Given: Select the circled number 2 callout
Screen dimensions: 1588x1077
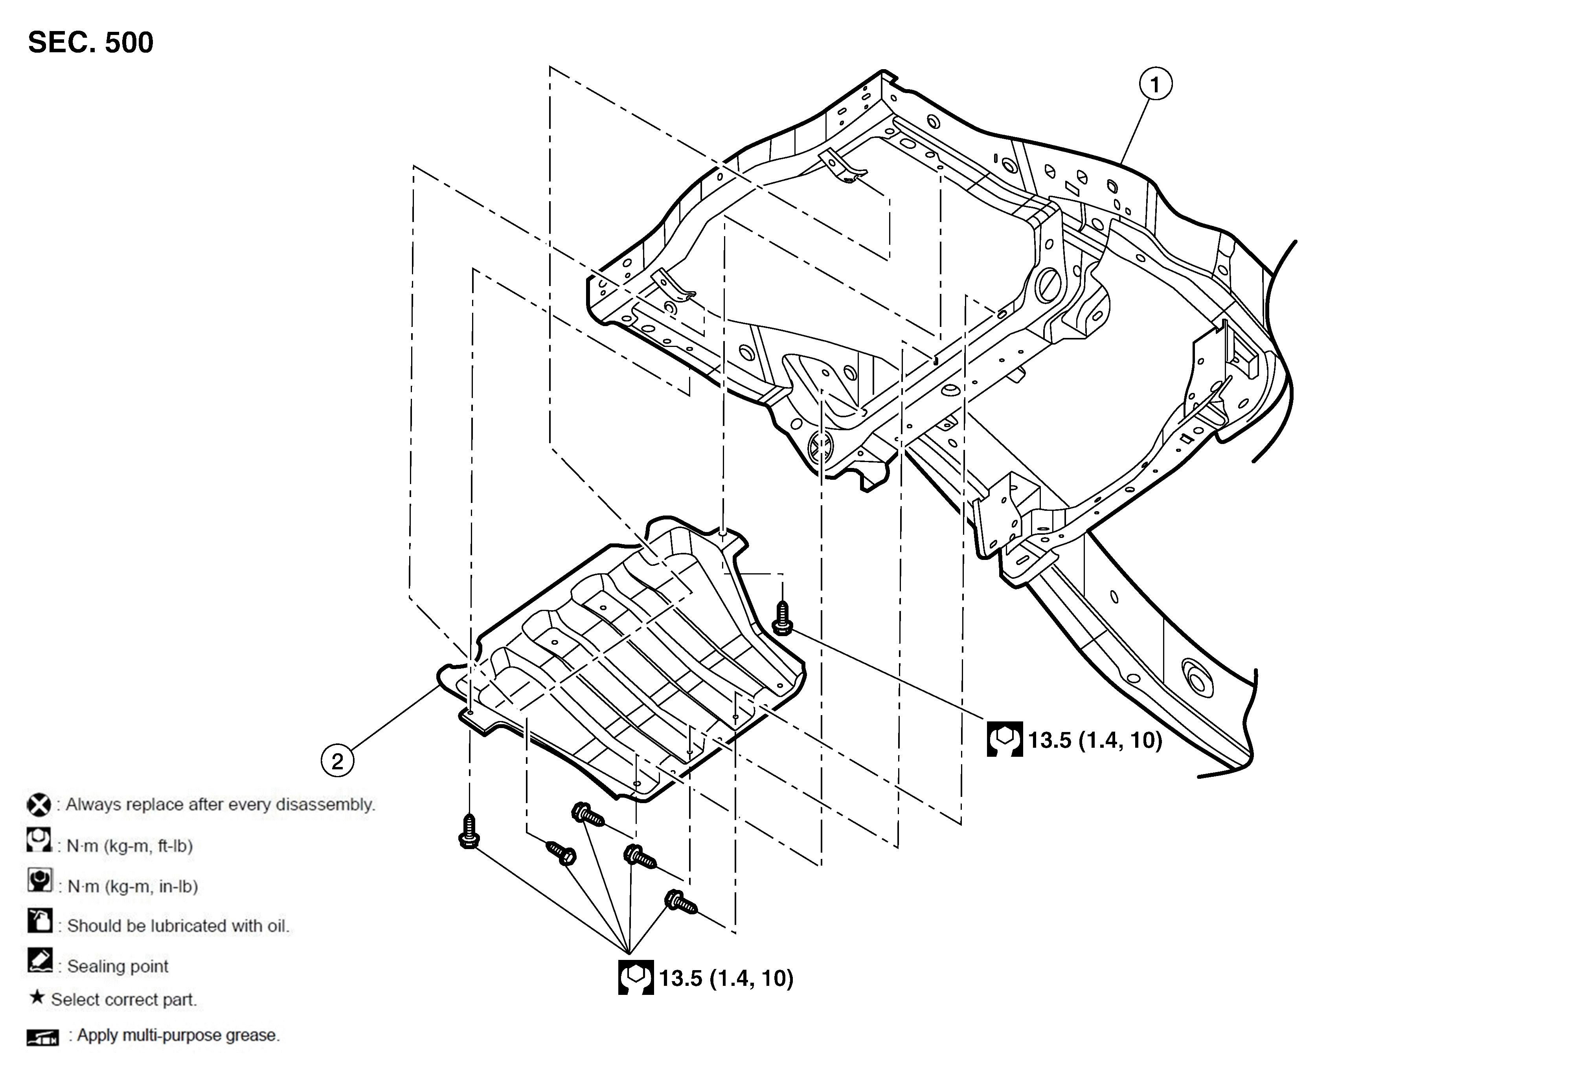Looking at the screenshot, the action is [338, 761].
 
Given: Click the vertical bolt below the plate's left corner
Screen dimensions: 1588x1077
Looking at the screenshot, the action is [469, 831].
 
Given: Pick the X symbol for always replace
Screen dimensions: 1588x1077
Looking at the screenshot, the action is [39, 804].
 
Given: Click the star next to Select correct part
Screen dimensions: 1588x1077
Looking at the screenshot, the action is [37, 998].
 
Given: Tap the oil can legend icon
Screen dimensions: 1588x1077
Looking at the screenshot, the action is [40, 920].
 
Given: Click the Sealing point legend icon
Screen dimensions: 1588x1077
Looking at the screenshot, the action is [40, 960].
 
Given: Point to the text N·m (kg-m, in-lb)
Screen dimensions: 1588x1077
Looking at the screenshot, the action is [132, 886].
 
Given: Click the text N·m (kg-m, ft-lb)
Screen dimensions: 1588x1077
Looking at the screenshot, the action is [130, 846].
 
